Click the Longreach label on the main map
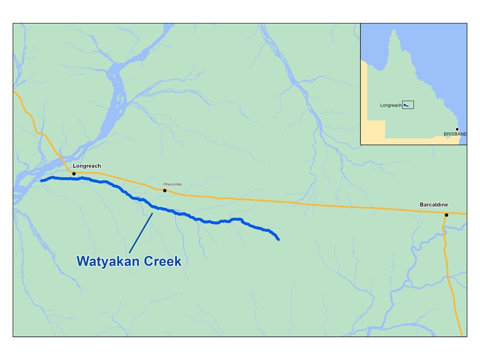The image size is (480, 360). coord(87,166)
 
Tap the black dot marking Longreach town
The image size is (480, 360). coord(74,174)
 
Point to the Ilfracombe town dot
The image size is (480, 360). coord(165,190)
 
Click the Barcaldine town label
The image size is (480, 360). coord(434,205)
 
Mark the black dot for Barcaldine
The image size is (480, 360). coord(446,215)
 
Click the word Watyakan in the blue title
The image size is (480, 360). coord(108,261)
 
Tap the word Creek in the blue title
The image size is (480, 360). coord(162,261)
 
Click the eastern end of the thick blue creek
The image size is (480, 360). coord(278,240)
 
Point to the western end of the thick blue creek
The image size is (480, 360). coord(42,180)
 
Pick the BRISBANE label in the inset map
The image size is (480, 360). coord(455,135)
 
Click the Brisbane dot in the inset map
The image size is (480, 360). coord(457,129)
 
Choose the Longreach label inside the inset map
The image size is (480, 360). coord(390,105)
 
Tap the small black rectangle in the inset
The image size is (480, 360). coord(408,105)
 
